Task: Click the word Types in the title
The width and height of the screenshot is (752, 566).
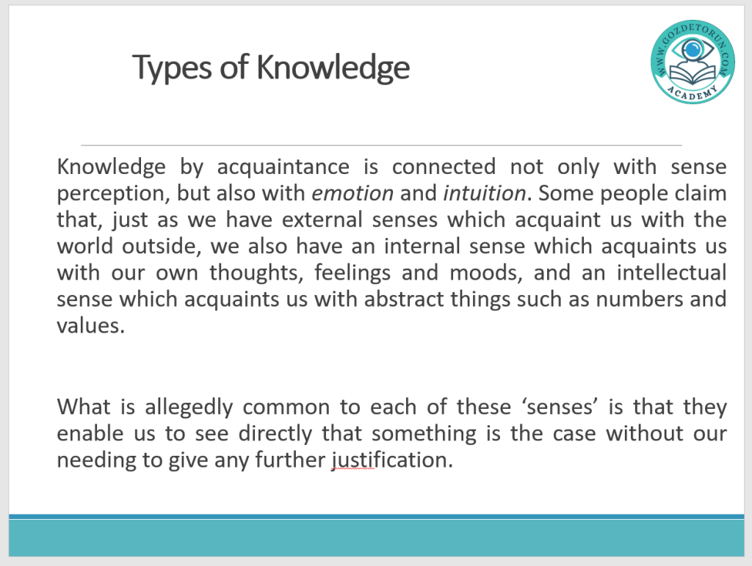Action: tap(172, 68)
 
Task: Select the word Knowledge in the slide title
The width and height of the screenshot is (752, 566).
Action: tap(333, 67)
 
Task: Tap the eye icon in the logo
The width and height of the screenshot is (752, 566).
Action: tap(692, 49)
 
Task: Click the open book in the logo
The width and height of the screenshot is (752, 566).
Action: tap(693, 74)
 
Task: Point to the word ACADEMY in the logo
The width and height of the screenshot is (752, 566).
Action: tap(693, 92)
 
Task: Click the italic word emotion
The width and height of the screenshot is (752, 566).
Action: tap(352, 194)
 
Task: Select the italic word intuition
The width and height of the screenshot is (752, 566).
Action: tap(485, 193)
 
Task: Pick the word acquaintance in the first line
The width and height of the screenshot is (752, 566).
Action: tap(283, 167)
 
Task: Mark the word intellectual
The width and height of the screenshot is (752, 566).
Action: tap(671, 272)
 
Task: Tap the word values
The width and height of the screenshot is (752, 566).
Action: tap(90, 326)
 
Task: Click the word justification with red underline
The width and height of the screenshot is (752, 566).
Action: tap(392, 460)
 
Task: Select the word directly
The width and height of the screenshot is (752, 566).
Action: tap(275, 434)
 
